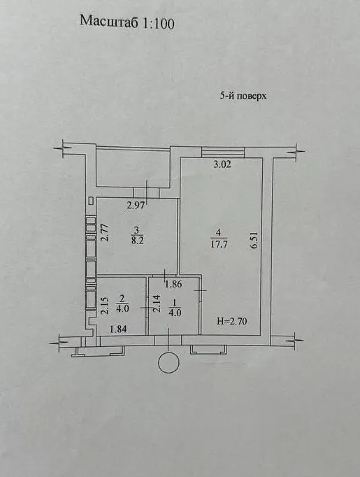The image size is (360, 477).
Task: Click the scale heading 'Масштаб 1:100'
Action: click(x=127, y=22)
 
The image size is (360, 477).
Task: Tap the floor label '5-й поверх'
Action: click(x=243, y=96)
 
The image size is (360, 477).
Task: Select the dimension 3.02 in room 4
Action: click(x=222, y=164)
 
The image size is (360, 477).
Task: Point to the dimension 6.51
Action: click(x=254, y=241)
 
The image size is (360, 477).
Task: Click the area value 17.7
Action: click(x=219, y=245)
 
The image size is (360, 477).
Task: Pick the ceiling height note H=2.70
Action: click(x=232, y=321)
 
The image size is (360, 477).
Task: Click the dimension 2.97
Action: click(x=136, y=206)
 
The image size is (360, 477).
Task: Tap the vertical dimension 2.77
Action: click(x=105, y=232)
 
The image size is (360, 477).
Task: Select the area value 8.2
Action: click(x=138, y=241)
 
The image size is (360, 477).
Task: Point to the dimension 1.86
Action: click(x=173, y=284)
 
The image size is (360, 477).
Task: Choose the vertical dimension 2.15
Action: click(x=105, y=304)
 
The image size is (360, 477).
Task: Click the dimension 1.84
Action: click(x=118, y=329)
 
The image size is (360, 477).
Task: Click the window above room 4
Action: click(x=223, y=152)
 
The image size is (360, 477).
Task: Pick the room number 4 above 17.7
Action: click(x=219, y=233)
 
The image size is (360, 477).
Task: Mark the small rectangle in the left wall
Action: click(x=91, y=201)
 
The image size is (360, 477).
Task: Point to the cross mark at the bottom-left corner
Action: click(x=59, y=342)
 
